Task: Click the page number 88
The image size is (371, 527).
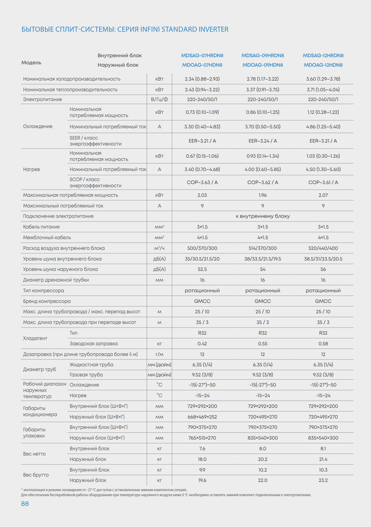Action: (x=25, y=504)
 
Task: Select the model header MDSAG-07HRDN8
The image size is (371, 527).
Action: (x=202, y=55)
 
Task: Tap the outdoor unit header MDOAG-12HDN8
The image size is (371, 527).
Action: (x=323, y=65)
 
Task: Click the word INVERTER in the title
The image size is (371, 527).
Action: (x=214, y=29)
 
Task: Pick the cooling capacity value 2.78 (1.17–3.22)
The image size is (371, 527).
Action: (x=263, y=79)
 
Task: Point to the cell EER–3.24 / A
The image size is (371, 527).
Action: (x=263, y=141)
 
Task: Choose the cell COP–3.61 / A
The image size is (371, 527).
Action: (x=323, y=182)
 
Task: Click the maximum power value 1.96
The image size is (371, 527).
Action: (x=263, y=195)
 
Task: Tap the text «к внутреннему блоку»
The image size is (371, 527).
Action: (x=263, y=216)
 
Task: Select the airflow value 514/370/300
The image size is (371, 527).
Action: (x=263, y=248)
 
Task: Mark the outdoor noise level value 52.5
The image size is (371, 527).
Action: (x=202, y=269)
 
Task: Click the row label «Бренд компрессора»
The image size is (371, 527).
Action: (x=47, y=301)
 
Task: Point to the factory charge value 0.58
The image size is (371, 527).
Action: (x=323, y=344)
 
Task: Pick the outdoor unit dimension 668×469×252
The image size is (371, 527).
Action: (x=202, y=417)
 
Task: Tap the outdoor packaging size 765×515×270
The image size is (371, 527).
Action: (x=202, y=438)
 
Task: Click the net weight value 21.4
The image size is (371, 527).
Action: (x=323, y=459)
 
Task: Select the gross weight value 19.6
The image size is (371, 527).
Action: (x=202, y=480)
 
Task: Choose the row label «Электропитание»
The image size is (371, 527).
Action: (x=42, y=99)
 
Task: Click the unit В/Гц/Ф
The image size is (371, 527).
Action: (x=159, y=99)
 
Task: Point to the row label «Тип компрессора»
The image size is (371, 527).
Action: (x=44, y=290)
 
